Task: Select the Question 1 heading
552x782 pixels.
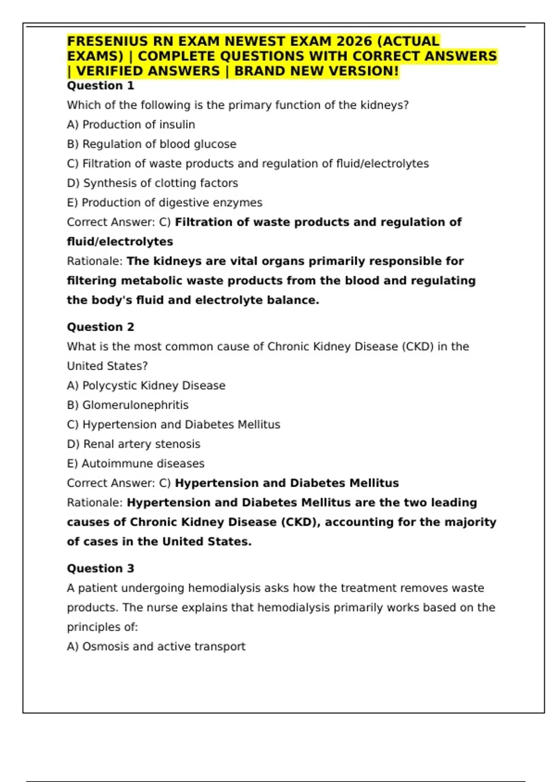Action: (100, 86)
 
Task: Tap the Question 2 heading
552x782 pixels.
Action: (100, 327)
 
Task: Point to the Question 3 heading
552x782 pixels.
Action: (100, 569)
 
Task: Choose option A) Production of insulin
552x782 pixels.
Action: (131, 125)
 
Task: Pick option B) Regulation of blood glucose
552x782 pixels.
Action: (151, 144)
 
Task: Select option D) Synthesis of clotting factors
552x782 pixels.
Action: (152, 183)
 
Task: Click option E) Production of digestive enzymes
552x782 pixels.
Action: (165, 202)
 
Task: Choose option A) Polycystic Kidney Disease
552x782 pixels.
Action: (146, 385)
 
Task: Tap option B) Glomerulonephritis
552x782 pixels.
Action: (128, 405)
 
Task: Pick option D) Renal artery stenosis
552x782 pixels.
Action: (133, 444)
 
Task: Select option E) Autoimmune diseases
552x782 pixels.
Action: (136, 464)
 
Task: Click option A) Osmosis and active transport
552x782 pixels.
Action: (156, 646)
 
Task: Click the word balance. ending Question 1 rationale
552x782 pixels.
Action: (293, 300)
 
